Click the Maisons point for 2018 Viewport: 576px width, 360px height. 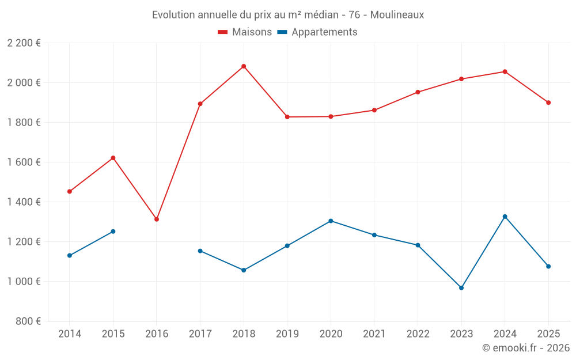point(244,66)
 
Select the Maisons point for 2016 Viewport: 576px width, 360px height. point(157,219)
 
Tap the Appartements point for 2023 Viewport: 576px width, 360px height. point(461,288)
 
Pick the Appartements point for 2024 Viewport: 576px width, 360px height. point(505,217)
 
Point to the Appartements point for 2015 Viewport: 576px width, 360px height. point(113,232)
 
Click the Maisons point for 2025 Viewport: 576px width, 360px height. point(548,103)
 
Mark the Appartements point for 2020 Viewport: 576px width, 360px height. point(331,221)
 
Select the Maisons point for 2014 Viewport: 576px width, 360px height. point(70,191)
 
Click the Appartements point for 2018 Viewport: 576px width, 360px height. point(244,270)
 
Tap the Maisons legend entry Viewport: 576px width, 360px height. point(245,32)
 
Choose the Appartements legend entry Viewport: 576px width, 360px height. point(317,32)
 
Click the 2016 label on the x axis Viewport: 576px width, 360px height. point(157,334)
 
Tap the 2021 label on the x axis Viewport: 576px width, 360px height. point(374,334)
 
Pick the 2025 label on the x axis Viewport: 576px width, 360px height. point(548,334)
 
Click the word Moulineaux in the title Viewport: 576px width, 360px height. point(397,15)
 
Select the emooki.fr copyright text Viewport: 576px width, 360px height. point(526,348)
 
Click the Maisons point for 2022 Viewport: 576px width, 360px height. point(418,92)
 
